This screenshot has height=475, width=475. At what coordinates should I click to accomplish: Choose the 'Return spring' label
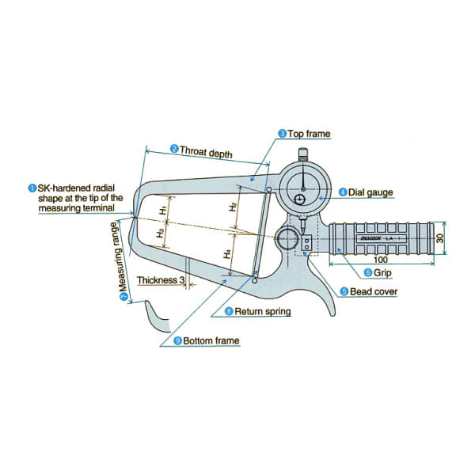(261, 312)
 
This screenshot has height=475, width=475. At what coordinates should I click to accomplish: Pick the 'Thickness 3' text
(161, 279)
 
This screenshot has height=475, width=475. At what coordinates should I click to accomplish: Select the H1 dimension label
(163, 209)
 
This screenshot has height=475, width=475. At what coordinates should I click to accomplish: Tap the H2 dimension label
(233, 207)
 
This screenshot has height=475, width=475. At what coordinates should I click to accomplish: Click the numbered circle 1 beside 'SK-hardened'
(32, 188)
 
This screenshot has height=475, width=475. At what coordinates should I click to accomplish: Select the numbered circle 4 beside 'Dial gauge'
(342, 192)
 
